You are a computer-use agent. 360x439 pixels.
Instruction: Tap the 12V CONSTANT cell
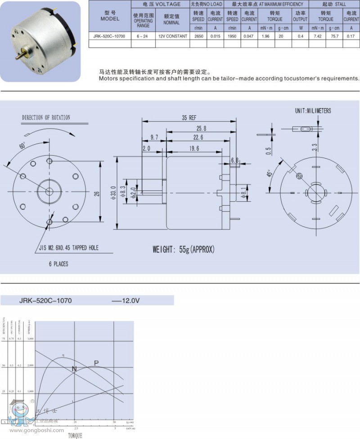pos(172,36)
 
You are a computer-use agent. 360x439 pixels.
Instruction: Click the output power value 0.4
pos(300,36)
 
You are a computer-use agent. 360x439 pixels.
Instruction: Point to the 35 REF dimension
pos(189,118)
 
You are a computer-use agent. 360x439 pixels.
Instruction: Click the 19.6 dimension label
pos(194,149)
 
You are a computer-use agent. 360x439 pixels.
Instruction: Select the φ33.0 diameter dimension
pos(113,194)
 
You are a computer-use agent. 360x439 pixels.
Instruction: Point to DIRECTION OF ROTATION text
pos(46,118)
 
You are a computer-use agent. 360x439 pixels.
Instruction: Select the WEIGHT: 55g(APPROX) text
pos(184,249)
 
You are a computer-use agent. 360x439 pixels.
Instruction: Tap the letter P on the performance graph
pos(96,363)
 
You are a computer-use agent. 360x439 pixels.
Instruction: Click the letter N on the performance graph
pos(74,369)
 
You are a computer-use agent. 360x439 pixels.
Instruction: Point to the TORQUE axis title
pos(75,435)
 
